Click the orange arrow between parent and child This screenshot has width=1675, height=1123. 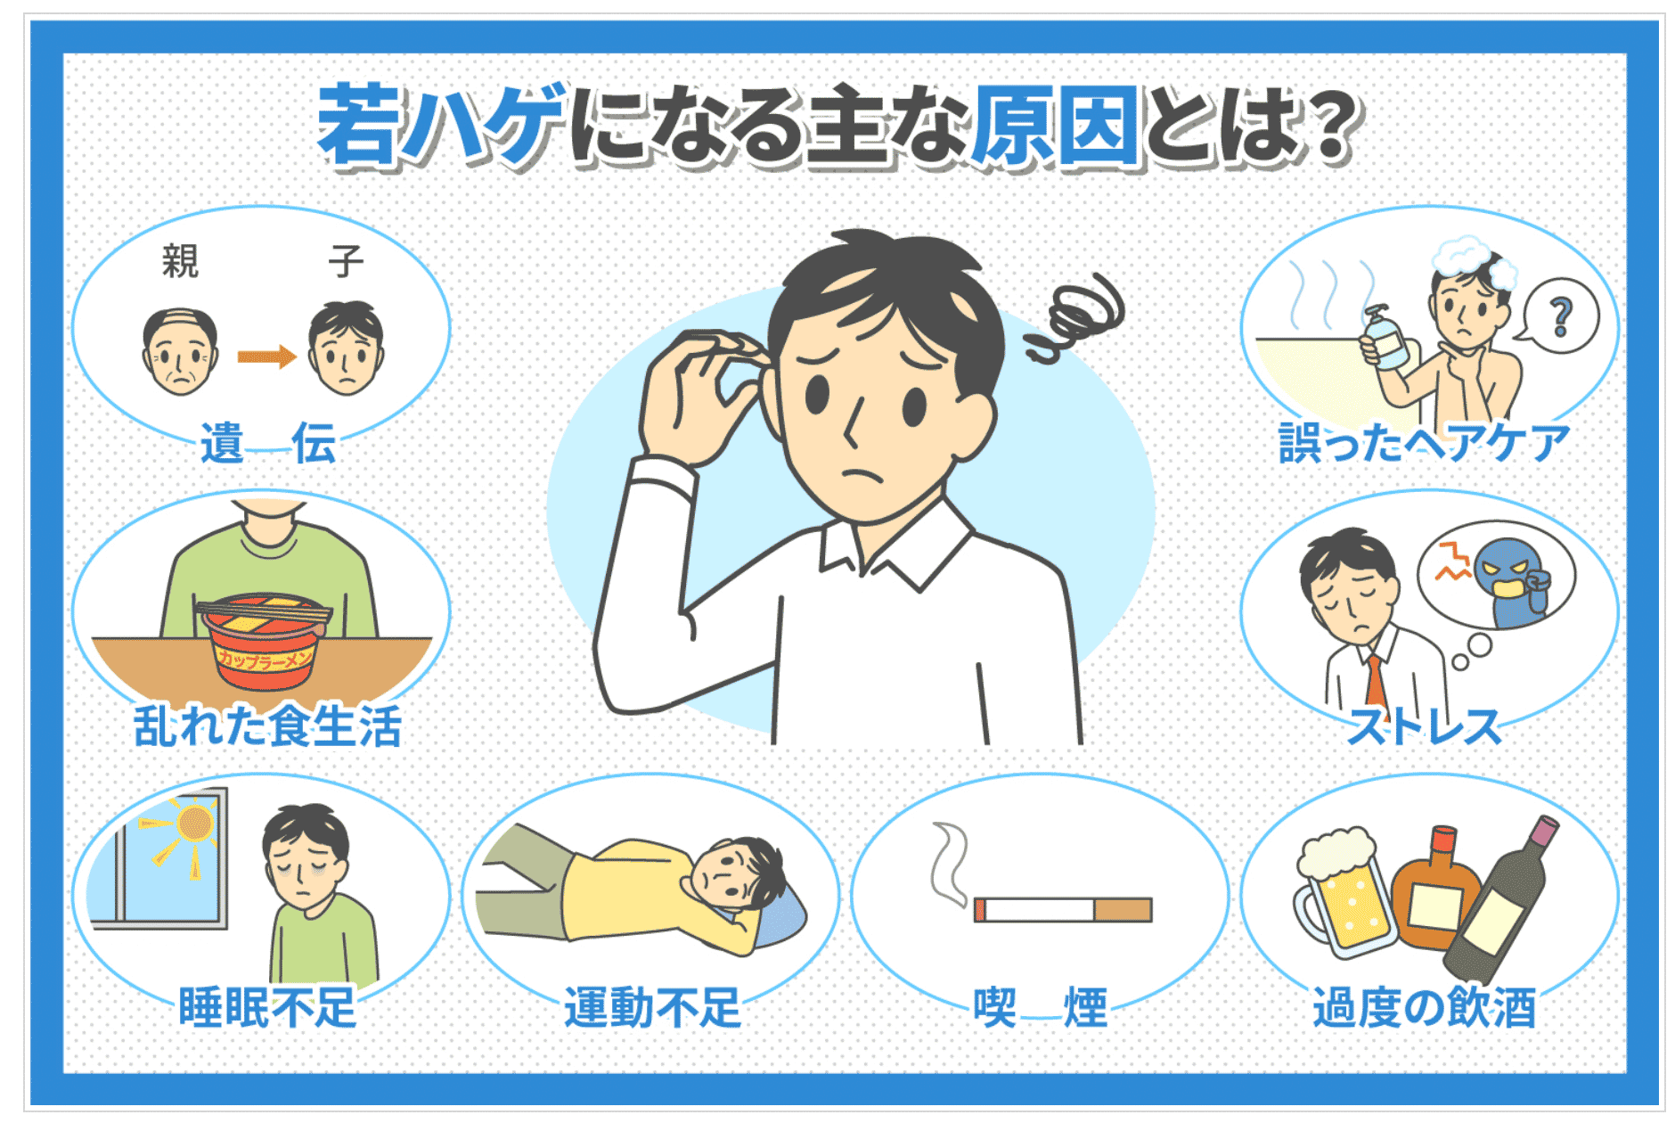click(266, 357)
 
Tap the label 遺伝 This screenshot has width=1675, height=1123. click(267, 443)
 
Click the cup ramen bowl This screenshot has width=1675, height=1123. click(264, 641)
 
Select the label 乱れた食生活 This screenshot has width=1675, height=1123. click(267, 725)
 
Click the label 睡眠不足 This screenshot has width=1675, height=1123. click(267, 1007)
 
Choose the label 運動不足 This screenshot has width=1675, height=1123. click(652, 1007)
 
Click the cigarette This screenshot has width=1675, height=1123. click(1063, 909)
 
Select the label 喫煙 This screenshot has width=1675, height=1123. click(1040, 1007)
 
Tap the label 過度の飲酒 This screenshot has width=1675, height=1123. click(1424, 1007)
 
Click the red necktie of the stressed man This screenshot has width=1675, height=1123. click(1377, 686)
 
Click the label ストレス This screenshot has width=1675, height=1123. click(1423, 725)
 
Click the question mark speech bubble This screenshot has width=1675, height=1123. click(1559, 316)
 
